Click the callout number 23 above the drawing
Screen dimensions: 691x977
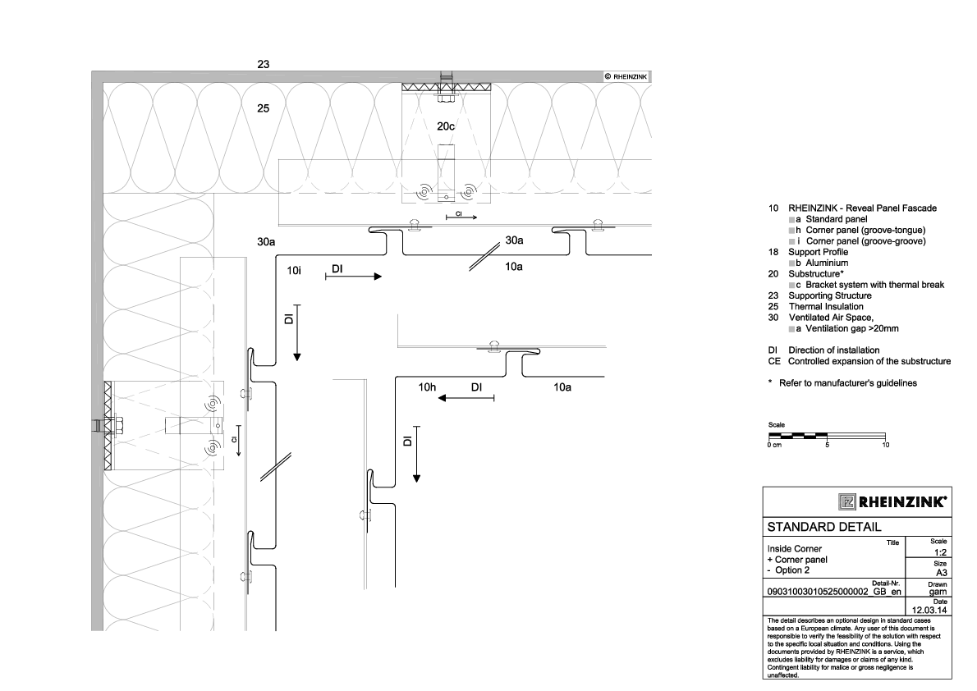click(264, 63)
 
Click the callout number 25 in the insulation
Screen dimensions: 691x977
click(264, 108)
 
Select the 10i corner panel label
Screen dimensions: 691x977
click(294, 269)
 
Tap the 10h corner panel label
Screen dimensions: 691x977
click(427, 387)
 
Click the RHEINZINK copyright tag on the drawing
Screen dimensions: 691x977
click(627, 76)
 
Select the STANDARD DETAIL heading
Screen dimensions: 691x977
click(823, 526)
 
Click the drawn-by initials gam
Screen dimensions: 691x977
click(938, 590)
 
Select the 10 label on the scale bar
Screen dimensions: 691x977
click(885, 445)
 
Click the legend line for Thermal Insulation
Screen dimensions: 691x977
click(826, 306)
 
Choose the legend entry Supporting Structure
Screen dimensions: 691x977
click(830, 295)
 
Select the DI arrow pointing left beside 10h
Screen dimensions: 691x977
click(466, 398)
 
